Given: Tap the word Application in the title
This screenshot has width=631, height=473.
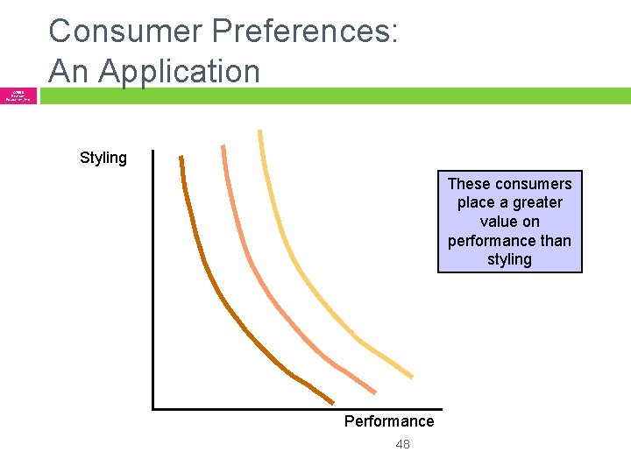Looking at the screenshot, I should (181, 71).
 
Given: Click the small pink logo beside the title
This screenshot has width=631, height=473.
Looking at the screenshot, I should (18, 95).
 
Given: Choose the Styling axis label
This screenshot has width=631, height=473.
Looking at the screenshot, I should (103, 158).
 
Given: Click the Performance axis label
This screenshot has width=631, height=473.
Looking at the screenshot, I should (388, 421).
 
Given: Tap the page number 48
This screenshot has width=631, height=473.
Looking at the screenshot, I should (402, 444).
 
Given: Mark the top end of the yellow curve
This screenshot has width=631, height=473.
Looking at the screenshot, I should (259, 132).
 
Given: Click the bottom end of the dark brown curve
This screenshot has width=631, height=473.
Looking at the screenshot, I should (332, 402).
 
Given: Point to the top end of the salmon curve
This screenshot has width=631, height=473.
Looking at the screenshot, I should (223, 147).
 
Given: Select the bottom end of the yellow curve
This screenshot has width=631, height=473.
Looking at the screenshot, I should (411, 376).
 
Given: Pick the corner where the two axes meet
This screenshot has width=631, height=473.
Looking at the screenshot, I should (153, 408).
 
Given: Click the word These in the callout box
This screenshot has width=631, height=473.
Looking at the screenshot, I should (469, 184).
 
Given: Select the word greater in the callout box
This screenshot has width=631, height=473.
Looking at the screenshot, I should (537, 202).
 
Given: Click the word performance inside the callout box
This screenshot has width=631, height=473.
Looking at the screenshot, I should (491, 241).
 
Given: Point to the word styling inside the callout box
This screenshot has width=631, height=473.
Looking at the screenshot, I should (509, 259).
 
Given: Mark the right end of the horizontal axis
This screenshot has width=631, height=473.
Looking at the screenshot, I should (441, 408).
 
